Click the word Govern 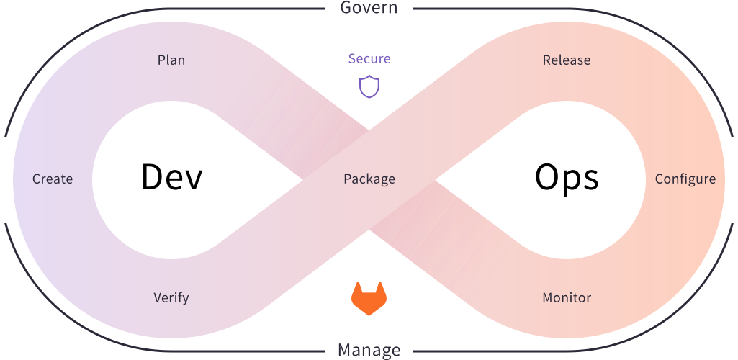pos(369,7)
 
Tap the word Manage pos(369,351)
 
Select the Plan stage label pos(171,60)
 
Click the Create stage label pos(53,179)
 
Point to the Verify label pos(171,298)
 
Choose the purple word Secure pos(369,59)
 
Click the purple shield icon pos(369,86)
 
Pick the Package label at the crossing pos(369,179)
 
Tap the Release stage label pos(567,60)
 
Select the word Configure pos(685,179)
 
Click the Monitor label pos(567,298)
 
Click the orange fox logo pos(369,298)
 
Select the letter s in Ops pos(591,180)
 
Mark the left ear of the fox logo pos(358,288)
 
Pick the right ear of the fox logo pos(380,288)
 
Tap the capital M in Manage pos(345,351)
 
